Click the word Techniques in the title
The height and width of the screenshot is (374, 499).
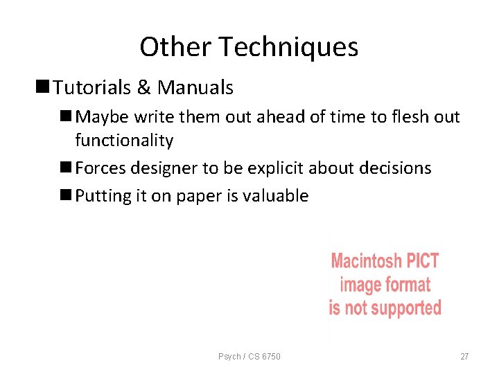[289, 47]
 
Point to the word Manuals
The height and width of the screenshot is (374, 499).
[195, 88]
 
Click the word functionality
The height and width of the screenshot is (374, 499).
[124, 141]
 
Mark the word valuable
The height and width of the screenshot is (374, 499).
[275, 196]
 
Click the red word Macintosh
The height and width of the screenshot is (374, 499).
[365, 261]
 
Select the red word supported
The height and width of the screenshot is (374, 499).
[404, 308]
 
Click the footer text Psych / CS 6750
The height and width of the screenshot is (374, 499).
[249, 357]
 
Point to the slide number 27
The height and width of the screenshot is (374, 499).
[464, 357]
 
